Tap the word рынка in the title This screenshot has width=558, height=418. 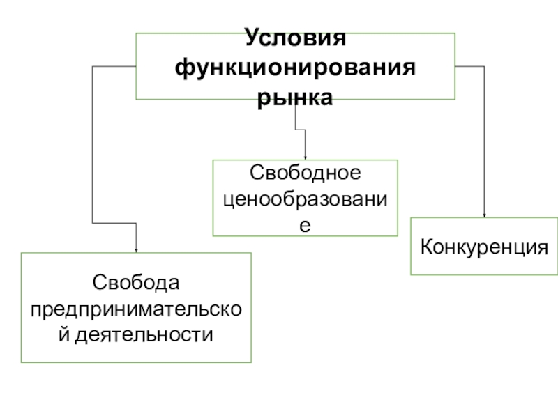point(295,98)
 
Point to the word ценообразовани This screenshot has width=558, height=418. point(305,199)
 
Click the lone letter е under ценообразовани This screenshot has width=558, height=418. point(305,225)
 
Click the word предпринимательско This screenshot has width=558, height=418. point(136,309)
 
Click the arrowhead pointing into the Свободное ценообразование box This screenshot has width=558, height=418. point(305,157)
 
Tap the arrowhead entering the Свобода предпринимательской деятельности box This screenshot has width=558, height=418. point(136,249)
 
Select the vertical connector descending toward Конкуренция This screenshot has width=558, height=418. point(484,139)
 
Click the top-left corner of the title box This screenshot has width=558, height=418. point(135,33)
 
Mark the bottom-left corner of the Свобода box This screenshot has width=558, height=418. point(21,362)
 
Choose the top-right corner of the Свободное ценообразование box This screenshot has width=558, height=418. point(398,160)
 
